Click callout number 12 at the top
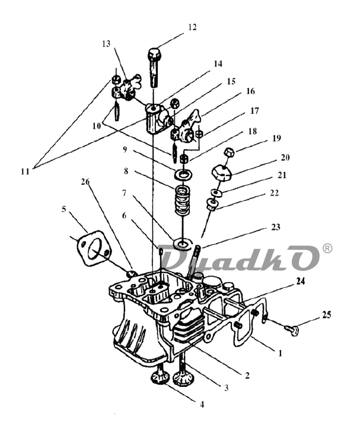[192, 27]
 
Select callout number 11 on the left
[25, 171]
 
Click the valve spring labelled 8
[183, 200]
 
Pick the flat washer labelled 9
[183, 174]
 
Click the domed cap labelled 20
[222, 173]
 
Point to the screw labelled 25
[292, 329]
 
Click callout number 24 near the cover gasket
[301, 281]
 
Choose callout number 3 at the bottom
[226, 388]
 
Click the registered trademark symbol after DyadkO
[327, 248]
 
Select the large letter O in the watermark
[303, 258]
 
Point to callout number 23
[276, 227]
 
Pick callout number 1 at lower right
[281, 353]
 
